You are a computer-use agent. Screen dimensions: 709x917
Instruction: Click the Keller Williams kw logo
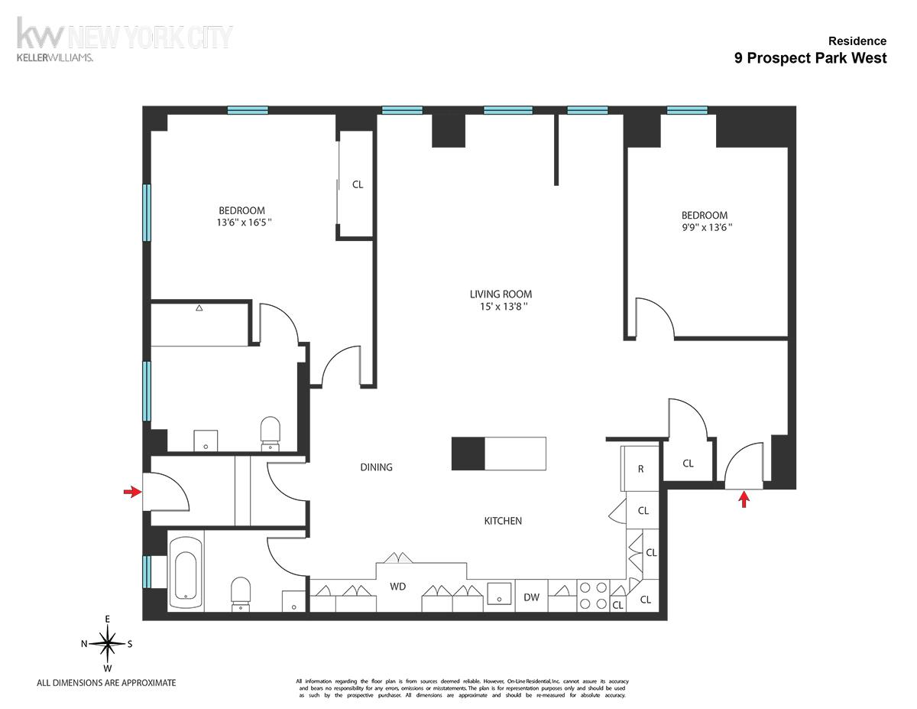pos(42,35)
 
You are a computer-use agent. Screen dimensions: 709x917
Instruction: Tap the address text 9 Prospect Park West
pos(810,58)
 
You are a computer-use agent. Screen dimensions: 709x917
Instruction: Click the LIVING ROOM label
pos(501,294)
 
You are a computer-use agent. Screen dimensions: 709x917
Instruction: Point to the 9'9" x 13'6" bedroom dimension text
pos(705,228)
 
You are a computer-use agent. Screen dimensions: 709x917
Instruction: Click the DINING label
pos(376,467)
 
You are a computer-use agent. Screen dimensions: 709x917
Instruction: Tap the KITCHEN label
pos(503,521)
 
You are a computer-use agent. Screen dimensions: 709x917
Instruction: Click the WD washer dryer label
pos(397,587)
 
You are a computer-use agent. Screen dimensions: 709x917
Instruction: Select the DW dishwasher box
pos(532,597)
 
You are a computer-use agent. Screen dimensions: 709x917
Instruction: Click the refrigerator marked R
pos(640,469)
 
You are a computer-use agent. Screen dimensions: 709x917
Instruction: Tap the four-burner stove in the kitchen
pos(593,596)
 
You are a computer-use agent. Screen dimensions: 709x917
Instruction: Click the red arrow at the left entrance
pos(132,492)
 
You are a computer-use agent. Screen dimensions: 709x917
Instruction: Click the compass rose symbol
pos(108,643)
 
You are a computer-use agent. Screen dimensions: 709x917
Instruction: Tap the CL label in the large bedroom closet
pos(357,184)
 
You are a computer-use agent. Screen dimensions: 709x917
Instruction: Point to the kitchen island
pos(499,453)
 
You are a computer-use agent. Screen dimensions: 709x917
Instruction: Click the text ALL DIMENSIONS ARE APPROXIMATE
pos(106,683)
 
